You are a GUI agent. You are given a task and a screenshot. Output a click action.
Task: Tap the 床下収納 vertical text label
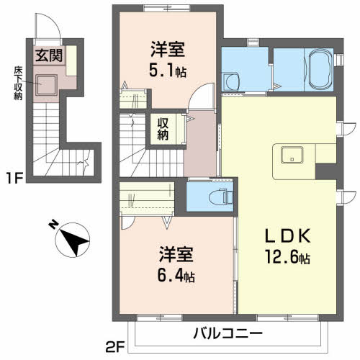(17, 83)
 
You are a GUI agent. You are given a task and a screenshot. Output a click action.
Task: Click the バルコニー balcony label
(228, 333)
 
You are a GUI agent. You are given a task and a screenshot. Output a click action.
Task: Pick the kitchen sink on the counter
(292, 154)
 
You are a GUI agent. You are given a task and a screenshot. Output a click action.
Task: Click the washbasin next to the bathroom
(230, 81)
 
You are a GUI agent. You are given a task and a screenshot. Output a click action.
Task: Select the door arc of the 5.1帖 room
(204, 94)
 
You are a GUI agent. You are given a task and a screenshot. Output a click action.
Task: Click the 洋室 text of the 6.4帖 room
(175, 254)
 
